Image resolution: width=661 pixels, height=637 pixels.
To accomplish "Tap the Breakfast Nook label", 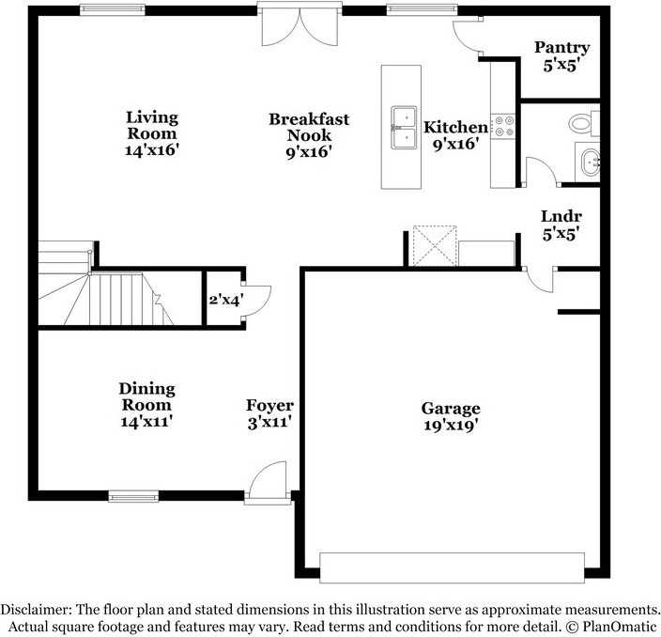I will click(x=309, y=134).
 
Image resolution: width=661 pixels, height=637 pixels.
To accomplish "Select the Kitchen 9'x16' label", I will click(x=455, y=135).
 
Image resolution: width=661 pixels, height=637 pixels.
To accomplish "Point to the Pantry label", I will click(x=561, y=56).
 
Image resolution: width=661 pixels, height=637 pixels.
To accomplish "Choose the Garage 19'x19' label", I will click(x=450, y=416).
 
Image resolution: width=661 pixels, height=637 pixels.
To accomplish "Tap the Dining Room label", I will click(x=147, y=405).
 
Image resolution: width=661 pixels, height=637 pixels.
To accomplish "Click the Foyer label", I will click(x=269, y=413).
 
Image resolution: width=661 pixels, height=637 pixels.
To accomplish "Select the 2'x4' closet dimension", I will click(x=224, y=300).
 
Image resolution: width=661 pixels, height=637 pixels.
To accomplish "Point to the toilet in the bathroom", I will click(x=585, y=121).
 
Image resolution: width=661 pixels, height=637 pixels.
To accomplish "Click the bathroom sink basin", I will click(x=590, y=161).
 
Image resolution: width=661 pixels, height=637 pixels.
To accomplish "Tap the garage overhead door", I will click(x=452, y=567).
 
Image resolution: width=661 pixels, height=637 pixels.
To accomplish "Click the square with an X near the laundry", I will click(x=435, y=246).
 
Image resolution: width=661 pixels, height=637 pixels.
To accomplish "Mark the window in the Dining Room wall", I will click(x=133, y=495).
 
